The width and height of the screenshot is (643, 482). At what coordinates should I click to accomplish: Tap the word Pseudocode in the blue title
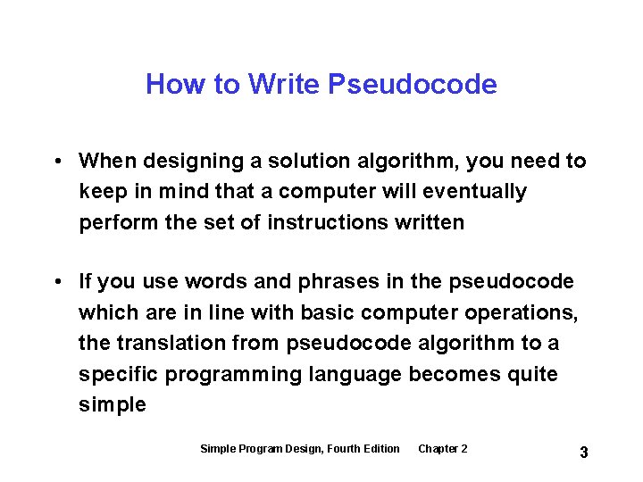[x=413, y=84]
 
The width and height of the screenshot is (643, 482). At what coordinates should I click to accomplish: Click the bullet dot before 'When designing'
[x=56, y=161]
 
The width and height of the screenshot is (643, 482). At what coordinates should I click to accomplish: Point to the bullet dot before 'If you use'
[x=56, y=282]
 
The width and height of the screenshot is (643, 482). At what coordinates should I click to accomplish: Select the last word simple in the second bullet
[x=112, y=403]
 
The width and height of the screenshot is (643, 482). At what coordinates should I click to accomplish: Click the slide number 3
[x=583, y=453]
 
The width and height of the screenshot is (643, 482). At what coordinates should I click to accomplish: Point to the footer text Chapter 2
[x=442, y=448]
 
